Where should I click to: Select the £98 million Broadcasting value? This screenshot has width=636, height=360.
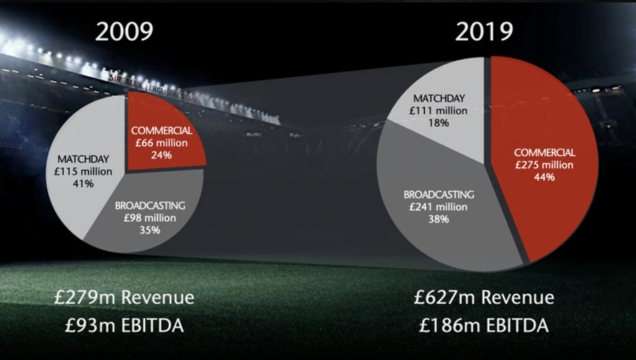[150, 218]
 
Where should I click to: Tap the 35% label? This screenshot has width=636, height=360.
[150, 230]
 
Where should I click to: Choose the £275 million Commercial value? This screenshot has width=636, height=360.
[544, 164]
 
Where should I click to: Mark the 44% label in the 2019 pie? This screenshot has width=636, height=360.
[544, 176]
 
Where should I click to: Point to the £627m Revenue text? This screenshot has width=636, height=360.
[484, 297]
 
